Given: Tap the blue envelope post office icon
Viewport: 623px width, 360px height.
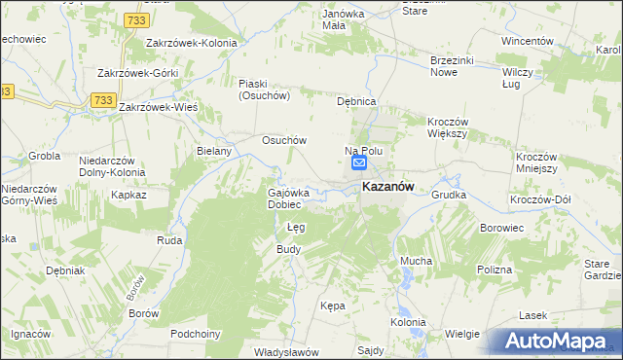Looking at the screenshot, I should coord(359,164).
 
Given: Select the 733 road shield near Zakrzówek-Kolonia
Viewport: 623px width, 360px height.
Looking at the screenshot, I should coord(136,19).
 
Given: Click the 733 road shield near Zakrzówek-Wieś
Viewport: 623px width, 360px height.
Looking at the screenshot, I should coord(104,100).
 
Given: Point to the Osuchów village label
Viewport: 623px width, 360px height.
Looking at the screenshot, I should coord(284,139).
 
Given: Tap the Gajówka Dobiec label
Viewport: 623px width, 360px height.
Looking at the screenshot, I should coord(289,198).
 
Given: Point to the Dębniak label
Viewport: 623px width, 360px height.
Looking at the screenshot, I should coord(65,270).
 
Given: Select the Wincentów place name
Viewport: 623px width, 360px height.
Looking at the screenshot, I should coord(527,42).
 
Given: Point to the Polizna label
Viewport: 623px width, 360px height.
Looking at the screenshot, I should coord(495,269).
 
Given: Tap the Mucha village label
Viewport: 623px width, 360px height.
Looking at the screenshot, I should coord(416,261).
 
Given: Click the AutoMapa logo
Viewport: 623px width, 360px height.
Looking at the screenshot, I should coord(558,340).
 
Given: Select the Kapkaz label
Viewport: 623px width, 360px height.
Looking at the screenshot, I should coord(128,195).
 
